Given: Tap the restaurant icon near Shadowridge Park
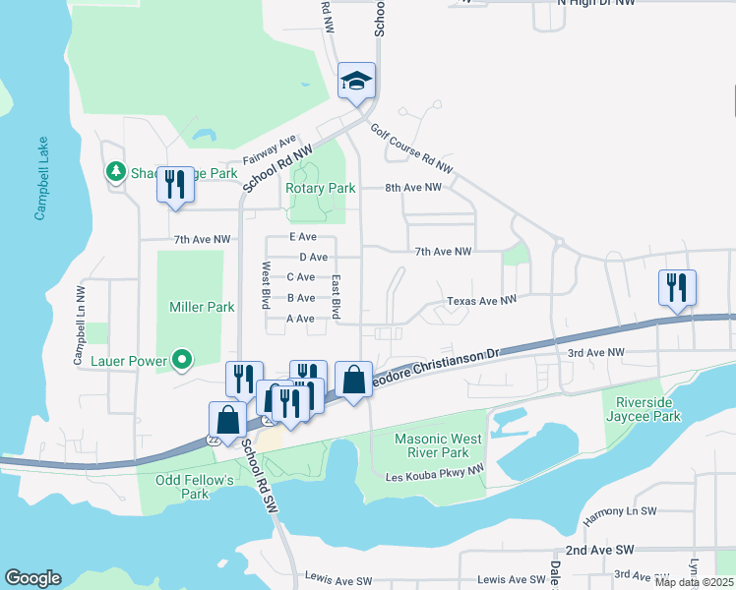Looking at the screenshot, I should tap(175, 184).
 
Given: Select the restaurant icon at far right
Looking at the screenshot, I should tap(677, 287).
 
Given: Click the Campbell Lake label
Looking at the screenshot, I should tap(40, 178).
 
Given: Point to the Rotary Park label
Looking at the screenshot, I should tap(320, 188).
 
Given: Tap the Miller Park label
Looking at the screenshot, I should tap(202, 307).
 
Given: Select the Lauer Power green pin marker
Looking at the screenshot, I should tap(182, 361).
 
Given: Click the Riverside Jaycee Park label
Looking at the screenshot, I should tap(647, 409).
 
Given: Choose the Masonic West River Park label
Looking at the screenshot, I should tap(431, 445).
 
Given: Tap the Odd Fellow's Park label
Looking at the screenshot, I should tap(195, 487).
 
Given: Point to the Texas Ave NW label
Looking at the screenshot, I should tap(481, 301).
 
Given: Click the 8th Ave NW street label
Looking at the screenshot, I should tap(419, 187).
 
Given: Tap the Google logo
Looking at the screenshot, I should tap(32, 578).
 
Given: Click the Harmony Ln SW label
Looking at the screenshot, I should tap(618, 511).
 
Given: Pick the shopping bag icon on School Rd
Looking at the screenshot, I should tap(228, 419).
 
